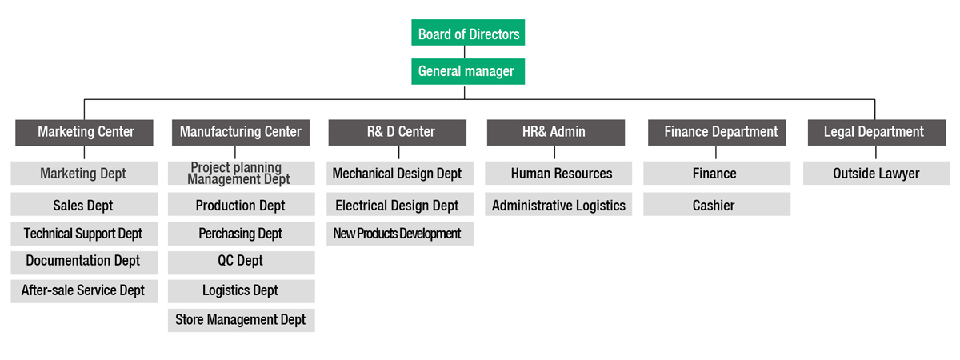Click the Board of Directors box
click(468, 33)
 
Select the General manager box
click(468, 71)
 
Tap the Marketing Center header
click(85, 133)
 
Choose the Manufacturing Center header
click(241, 133)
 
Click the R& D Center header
click(398, 133)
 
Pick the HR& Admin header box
click(556, 133)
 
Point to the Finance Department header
click(717, 133)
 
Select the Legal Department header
click(877, 133)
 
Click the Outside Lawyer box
click(877, 173)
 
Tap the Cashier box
click(717, 204)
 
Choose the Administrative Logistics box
click(558, 204)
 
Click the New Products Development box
click(400, 234)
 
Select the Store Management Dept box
click(242, 320)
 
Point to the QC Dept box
click(242, 262)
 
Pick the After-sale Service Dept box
click(84, 291)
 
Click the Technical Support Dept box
click(84, 234)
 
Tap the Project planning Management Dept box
click(242, 173)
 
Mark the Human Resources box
click(558, 173)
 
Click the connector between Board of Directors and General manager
click(465, 52)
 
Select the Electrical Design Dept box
click(400, 204)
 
